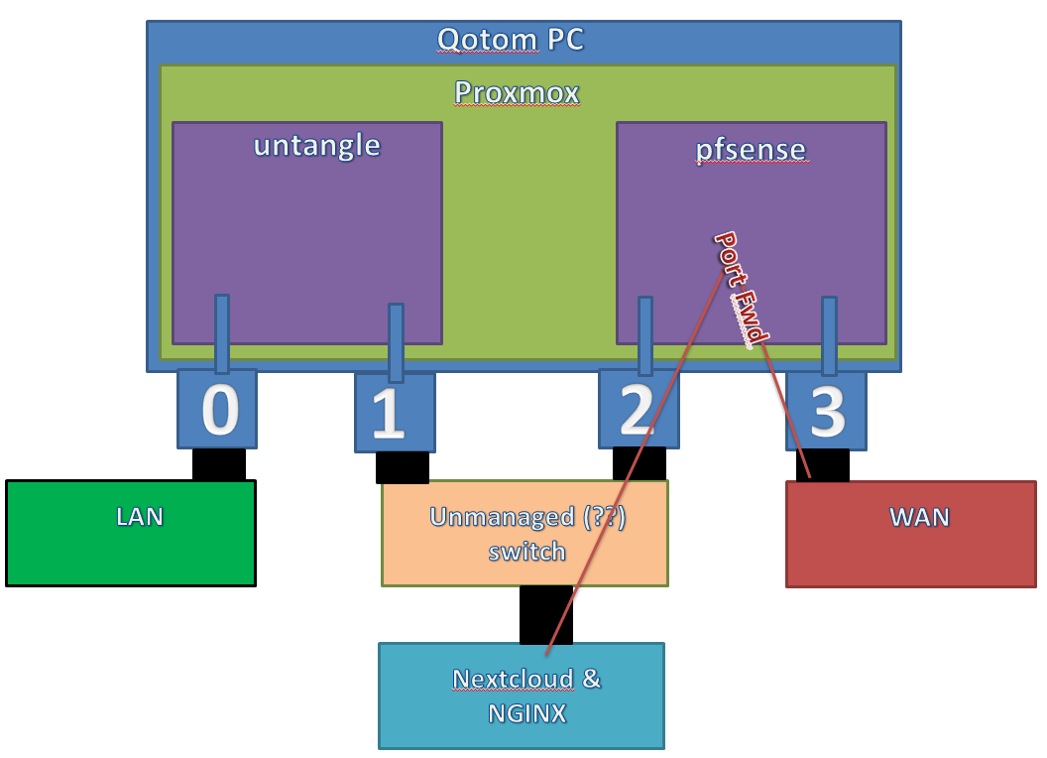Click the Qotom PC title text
point(511,40)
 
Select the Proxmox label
point(517,92)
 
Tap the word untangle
point(316,145)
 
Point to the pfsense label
point(751,150)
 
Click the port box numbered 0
point(217,409)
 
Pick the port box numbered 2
point(639,409)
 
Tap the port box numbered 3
point(826,409)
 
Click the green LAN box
point(131,533)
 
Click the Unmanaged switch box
point(525,533)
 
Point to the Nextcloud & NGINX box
point(522,695)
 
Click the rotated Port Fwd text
point(742,289)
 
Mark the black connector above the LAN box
point(219,463)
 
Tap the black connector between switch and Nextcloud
point(545,614)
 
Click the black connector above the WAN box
point(822,464)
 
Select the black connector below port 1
point(403,466)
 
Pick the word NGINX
point(526,712)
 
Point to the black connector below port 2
point(639,463)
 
